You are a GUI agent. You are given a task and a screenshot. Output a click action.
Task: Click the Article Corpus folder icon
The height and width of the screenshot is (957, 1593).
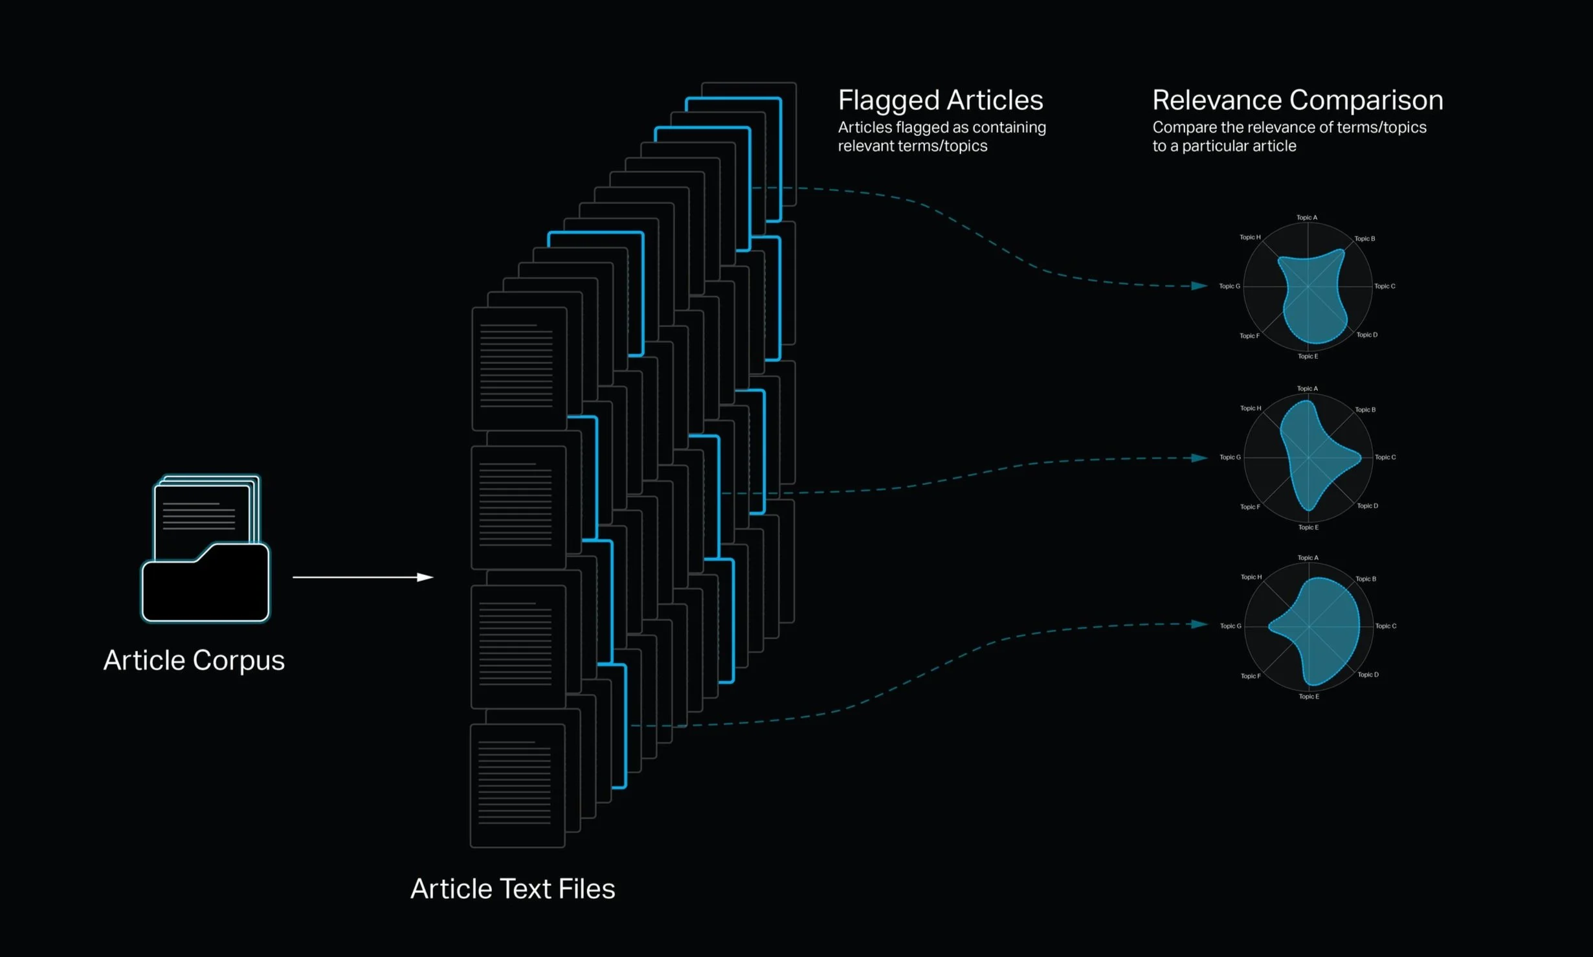point(205,550)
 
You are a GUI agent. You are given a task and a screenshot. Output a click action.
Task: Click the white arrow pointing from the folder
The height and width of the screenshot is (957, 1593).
point(362,577)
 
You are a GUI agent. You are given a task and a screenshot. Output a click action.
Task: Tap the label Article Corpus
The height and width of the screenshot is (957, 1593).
point(194,660)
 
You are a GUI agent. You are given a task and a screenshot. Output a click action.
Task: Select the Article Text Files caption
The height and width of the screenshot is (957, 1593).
point(513,889)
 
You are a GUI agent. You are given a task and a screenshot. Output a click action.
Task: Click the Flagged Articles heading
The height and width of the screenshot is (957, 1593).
point(940,100)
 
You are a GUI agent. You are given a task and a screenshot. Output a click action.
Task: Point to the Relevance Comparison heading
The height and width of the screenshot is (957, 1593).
point(1297,100)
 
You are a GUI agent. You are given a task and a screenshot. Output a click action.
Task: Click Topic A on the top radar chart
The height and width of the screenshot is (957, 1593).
point(1306,218)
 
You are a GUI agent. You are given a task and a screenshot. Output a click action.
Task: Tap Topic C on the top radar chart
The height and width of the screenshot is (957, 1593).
point(1385,286)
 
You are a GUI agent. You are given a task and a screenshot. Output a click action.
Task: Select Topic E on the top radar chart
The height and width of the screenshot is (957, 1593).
point(1308,356)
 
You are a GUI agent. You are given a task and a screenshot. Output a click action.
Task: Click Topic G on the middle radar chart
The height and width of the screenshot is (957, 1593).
point(1230,457)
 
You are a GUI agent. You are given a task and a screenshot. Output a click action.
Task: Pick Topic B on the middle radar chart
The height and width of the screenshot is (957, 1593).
point(1365,410)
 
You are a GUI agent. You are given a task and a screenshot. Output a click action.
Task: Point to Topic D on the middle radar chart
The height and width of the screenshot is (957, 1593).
point(1367,506)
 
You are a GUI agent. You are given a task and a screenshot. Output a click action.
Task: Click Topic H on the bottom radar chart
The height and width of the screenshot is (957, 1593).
point(1251,577)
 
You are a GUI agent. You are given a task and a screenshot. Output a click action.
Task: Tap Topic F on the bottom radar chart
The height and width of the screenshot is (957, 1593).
point(1250,676)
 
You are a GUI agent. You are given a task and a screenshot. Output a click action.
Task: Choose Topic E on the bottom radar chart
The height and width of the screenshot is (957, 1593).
point(1308,697)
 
